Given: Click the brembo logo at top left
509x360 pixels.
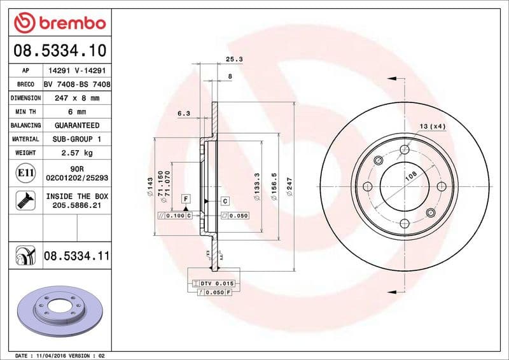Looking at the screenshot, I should (59, 24).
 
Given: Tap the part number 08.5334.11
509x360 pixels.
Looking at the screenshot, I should (77, 256).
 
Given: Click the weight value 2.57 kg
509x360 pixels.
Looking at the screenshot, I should (76, 153).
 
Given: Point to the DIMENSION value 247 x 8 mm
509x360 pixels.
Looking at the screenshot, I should (76, 98).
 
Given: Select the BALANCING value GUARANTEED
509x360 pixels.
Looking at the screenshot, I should (76, 125).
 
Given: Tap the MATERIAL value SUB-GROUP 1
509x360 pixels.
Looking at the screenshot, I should (76, 139).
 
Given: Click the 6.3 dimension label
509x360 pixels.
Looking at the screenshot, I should (184, 113).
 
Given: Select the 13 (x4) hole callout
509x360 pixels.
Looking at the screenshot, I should (433, 127).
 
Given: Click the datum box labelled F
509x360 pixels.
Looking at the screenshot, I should (186, 199).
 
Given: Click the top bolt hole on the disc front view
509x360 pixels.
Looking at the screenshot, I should (404, 150).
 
